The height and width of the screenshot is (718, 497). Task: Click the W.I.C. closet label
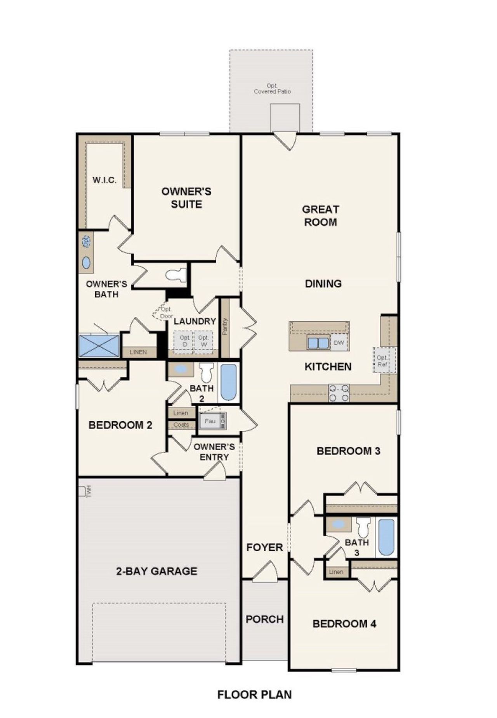104,180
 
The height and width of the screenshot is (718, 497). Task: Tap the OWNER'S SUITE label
186,198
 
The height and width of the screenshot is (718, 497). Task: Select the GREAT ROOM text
320,216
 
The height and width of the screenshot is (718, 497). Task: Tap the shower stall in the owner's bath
99,345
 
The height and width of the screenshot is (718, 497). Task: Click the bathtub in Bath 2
228,382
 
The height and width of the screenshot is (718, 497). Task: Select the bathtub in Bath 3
386,537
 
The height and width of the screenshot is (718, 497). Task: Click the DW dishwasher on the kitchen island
339,343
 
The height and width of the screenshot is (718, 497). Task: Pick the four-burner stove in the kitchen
339,393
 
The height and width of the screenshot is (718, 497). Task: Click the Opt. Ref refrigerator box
382,361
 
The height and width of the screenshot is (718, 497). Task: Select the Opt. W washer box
203,341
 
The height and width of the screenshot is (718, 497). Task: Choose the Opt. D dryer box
185,341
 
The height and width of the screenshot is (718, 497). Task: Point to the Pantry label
225,326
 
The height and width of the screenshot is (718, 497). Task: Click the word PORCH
265,619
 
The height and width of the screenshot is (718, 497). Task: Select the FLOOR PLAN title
254,694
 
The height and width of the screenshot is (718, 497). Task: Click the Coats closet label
181,425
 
